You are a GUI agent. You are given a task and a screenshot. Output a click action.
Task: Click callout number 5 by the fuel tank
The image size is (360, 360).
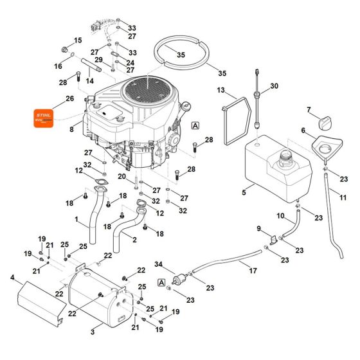(x=244, y=192)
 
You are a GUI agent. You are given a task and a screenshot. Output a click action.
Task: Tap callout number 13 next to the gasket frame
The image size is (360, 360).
(x=221, y=90)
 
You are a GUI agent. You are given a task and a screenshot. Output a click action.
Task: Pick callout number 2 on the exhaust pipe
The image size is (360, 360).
(x=134, y=240)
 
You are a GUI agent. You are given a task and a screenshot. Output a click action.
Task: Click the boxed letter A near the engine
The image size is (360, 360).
(x=195, y=126)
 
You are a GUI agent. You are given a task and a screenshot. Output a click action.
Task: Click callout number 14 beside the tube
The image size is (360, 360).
(x=90, y=81)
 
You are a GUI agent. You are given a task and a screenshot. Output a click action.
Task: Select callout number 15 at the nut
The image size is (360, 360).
(x=80, y=40)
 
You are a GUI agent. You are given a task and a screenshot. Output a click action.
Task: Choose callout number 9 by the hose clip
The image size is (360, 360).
(x=259, y=228)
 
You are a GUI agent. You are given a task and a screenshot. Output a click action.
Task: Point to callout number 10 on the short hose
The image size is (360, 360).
(x=280, y=215)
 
